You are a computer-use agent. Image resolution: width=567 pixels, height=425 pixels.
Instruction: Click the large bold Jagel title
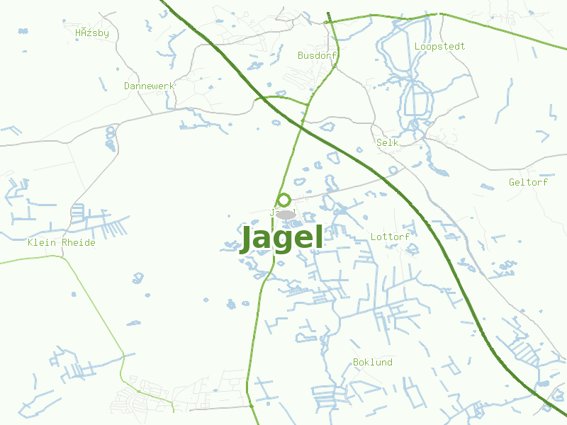click(282, 239)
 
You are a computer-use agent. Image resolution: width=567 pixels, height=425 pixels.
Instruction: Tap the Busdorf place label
click(317, 55)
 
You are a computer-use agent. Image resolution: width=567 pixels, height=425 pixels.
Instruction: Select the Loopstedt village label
click(439, 46)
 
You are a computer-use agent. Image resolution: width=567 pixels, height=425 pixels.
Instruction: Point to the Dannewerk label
click(149, 86)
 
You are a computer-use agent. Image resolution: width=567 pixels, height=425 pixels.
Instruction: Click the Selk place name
click(388, 142)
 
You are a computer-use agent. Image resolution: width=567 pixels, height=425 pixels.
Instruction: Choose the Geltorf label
click(528, 182)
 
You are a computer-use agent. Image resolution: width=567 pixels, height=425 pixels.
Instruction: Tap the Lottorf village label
click(390, 237)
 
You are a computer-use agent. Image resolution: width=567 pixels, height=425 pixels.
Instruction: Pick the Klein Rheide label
click(61, 242)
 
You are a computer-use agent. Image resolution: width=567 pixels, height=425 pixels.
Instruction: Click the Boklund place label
click(372, 362)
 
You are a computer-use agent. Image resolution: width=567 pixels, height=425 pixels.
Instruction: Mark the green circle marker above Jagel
click(284, 200)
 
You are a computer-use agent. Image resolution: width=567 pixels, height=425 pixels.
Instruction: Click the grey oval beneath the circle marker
click(286, 214)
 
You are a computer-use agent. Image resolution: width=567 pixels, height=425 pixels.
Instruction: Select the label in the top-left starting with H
click(92, 33)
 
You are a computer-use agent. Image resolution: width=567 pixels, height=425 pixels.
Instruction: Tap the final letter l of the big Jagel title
click(318, 237)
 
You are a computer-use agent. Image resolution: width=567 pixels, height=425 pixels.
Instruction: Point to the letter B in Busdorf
click(301, 55)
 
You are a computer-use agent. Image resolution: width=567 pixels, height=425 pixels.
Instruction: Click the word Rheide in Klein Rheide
click(79, 242)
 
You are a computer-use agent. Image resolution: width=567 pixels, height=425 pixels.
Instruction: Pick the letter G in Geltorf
click(512, 182)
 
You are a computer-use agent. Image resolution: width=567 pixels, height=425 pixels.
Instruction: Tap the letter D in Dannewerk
click(127, 86)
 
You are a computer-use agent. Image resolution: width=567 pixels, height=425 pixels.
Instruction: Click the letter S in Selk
click(379, 142)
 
